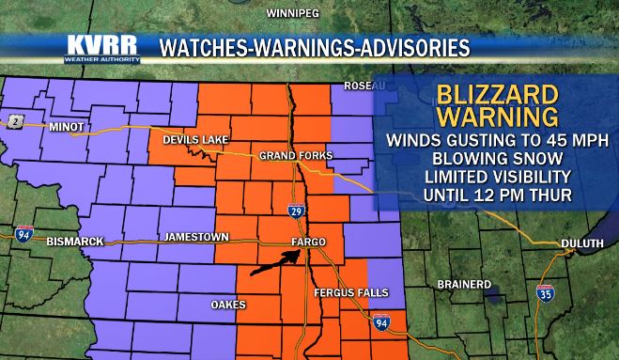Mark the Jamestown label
[190, 237]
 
